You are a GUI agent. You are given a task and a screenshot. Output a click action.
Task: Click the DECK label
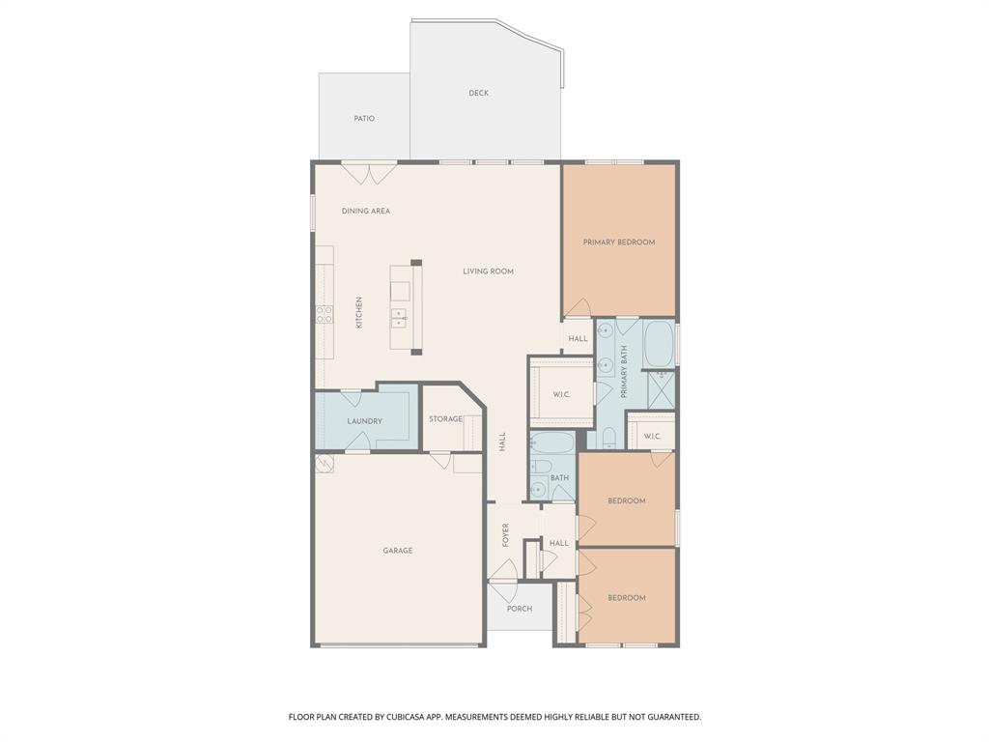pos(478,93)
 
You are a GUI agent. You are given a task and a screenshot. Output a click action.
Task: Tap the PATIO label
pos(364,118)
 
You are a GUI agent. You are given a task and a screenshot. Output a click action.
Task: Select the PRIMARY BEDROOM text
pos(618,242)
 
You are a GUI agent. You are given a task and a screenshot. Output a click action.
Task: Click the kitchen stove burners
pos(325,314)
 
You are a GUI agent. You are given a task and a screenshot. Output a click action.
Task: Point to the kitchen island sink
pos(398,316)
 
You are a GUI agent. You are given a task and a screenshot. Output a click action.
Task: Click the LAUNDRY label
pos(365,421)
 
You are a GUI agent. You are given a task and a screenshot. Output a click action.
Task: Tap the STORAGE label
pos(445,419)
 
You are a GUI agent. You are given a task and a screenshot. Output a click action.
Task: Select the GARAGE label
pos(397,551)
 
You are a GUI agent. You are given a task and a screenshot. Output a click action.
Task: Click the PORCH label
pos(520,609)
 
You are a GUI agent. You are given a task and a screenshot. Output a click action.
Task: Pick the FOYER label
pos(505,535)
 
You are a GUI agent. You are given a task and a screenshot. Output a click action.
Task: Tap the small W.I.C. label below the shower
pos(652,436)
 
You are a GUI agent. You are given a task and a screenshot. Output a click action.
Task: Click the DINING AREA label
pos(366,211)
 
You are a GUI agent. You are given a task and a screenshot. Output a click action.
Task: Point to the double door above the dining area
pos(371,173)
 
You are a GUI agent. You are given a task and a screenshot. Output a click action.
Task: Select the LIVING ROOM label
pos(488,271)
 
